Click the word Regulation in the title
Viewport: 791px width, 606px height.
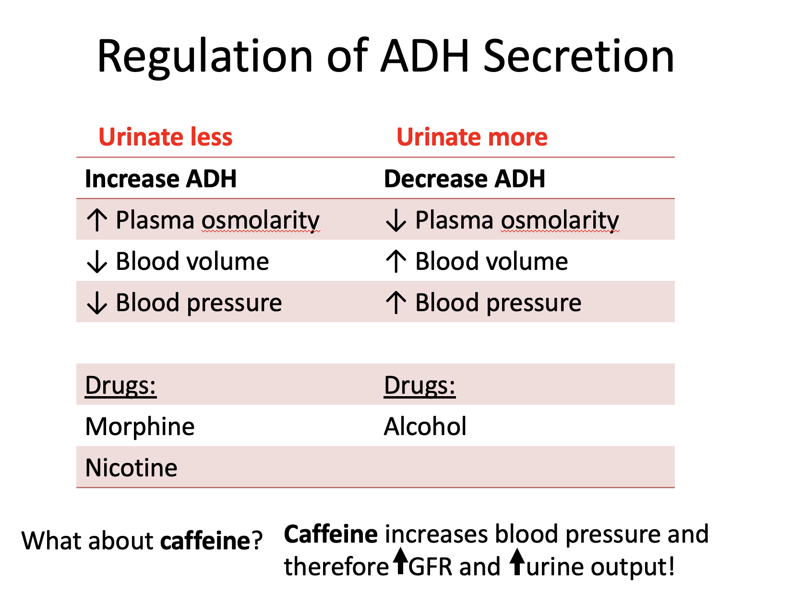click(205, 58)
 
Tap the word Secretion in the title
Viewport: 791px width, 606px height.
click(579, 56)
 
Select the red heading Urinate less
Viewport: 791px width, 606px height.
click(166, 137)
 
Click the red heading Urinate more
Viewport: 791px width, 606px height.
click(472, 137)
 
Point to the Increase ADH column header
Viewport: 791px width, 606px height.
click(160, 179)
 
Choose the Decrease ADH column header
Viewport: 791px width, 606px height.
click(465, 179)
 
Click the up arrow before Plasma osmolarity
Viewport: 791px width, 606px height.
click(97, 220)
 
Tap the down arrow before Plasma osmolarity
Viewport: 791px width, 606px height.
click(395, 221)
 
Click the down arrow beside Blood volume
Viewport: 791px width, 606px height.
click(97, 262)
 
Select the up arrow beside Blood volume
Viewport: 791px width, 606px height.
click(395, 261)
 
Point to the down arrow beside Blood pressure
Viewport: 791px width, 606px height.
click(97, 303)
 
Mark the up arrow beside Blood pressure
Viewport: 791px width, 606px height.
click(395, 302)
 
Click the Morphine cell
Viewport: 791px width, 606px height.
click(140, 426)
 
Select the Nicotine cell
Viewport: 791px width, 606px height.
click(131, 468)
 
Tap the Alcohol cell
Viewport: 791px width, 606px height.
click(425, 426)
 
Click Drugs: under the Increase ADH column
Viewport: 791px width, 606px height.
click(120, 385)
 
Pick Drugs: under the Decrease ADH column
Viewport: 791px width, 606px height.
click(419, 385)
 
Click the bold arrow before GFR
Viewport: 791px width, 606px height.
click(400, 561)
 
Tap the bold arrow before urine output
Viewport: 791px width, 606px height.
click(517, 561)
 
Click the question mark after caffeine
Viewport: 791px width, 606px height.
click(257, 540)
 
